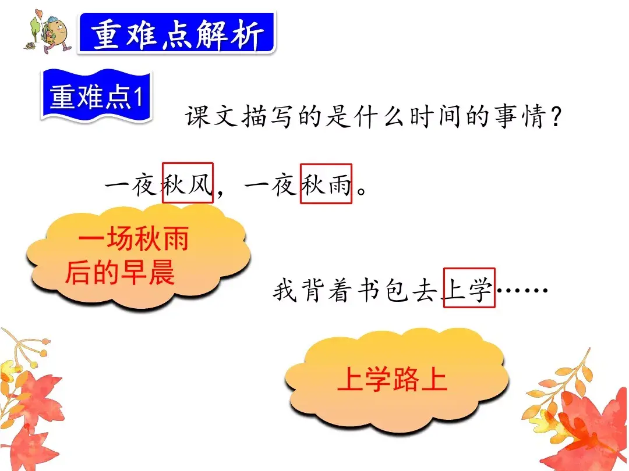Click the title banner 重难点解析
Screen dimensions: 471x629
(176, 34)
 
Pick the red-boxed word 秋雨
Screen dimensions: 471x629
(326, 184)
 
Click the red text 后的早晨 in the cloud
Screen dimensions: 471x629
(120, 272)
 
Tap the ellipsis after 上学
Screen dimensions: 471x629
(522, 289)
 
